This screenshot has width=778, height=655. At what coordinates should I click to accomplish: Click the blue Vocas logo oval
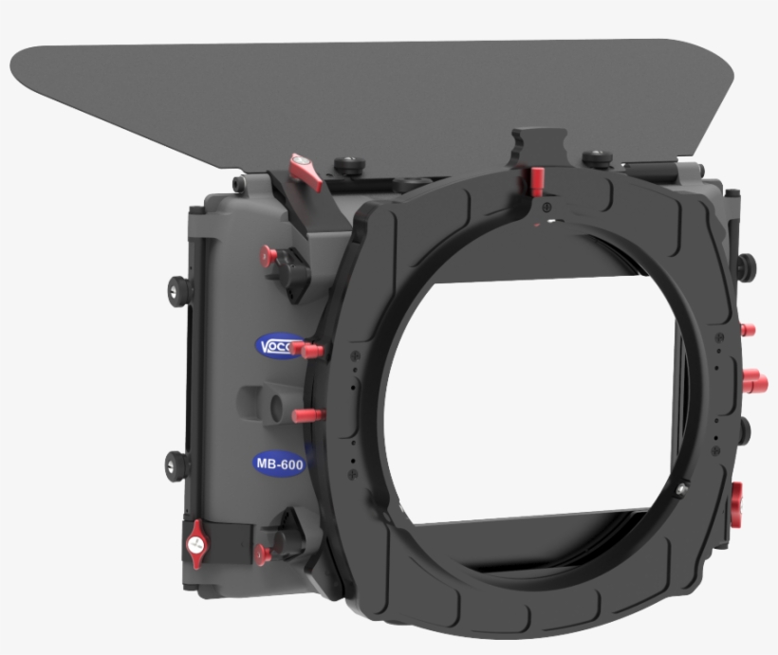(279, 346)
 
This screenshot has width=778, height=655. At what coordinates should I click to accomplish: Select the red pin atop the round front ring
(537, 178)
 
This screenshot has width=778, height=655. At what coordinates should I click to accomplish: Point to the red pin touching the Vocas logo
(308, 351)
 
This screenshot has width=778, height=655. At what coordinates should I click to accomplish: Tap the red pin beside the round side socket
(309, 415)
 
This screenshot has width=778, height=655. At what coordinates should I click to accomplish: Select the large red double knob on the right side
(755, 381)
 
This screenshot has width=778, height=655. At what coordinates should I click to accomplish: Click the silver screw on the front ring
(682, 488)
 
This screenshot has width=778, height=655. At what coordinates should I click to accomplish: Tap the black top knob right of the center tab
(596, 158)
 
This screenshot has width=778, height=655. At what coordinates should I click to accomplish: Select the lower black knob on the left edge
(176, 464)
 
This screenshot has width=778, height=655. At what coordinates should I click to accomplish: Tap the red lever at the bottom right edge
(737, 496)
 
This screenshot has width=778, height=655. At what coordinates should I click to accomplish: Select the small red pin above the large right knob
(748, 330)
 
